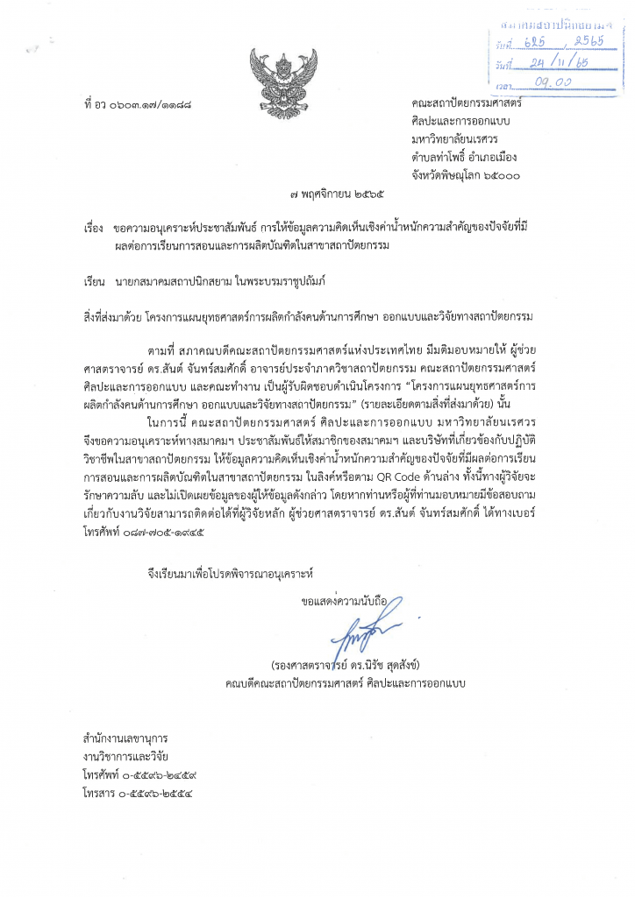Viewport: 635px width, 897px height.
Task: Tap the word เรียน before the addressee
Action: [94, 283]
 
